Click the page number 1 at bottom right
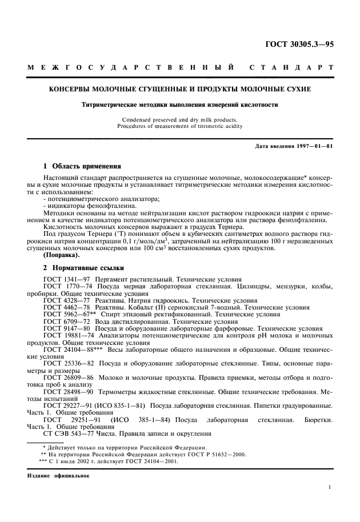tap(330, 487)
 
